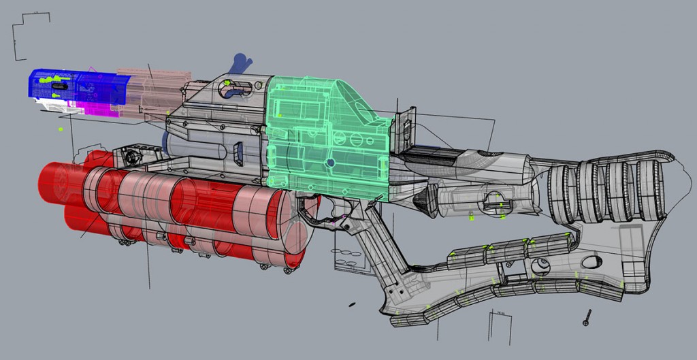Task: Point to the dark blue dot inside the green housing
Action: point(330,163)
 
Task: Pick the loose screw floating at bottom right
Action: point(586,316)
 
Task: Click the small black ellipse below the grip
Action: point(352,304)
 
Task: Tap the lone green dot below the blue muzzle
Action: point(61,129)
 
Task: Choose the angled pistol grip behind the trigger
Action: point(385,252)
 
